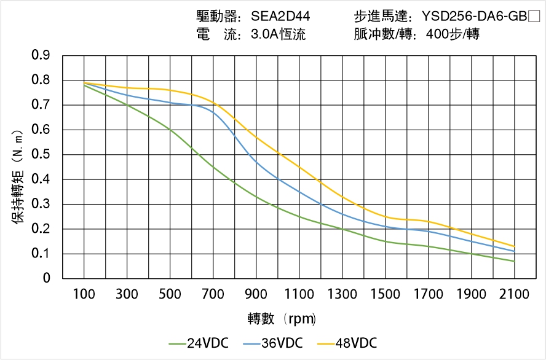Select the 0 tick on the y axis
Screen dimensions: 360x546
tap(46, 278)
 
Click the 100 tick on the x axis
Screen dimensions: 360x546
tap(84, 294)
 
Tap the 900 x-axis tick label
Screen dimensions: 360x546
tap(256, 294)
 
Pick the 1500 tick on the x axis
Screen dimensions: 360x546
tap(385, 294)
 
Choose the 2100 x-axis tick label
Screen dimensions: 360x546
tap(514, 294)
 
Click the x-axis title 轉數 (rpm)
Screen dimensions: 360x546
tap(282, 319)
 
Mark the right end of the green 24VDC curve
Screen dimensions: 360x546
tap(514, 261)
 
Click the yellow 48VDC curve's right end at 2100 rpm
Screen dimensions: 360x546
tap(514, 246)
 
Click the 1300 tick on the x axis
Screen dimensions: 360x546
tap(342, 294)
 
